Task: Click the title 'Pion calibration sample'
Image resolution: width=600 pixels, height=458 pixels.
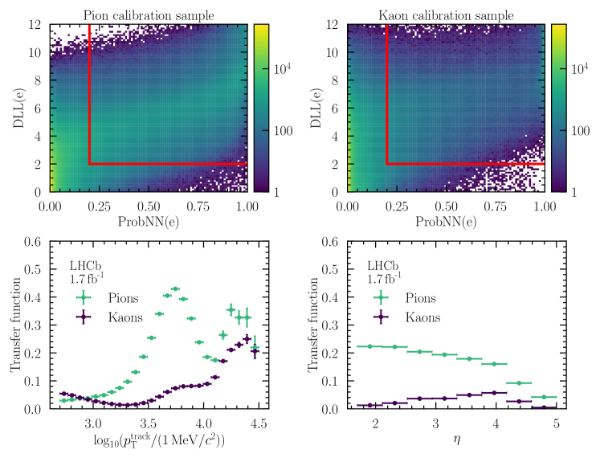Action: (x=148, y=14)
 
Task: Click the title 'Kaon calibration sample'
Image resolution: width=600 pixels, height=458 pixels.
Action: (x=446, y=14)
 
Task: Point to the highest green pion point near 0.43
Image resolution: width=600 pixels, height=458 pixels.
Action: (x=175, y=288)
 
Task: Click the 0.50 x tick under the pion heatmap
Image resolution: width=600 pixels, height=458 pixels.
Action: (x=148, y=206)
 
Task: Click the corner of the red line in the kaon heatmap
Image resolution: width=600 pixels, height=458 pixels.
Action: (x=387, y=164)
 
